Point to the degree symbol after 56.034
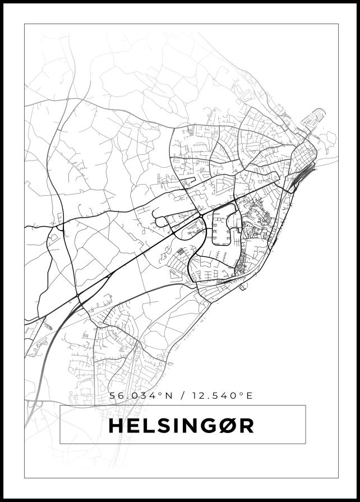pos(160,394)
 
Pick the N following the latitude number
pos(167,396)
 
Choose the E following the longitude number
pos(250,396)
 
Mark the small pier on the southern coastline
pos(243,288)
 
